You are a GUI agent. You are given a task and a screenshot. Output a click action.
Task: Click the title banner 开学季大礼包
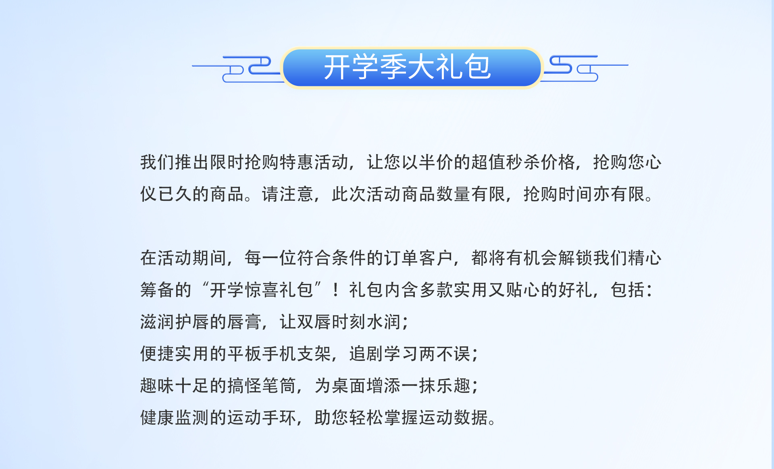(x=412, y=67)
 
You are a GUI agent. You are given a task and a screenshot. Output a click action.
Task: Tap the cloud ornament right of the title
(x=584, y=68)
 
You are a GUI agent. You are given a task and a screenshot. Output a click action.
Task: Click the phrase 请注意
(x=288, y=194)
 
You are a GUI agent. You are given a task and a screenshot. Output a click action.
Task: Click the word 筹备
(x=157, y=290)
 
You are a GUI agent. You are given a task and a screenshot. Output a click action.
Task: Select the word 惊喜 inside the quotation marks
(x=262, y=290)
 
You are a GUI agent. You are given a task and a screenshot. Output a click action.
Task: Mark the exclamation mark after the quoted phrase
(x=336, y=290)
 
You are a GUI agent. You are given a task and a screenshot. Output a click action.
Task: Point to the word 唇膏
(x=244, y=322)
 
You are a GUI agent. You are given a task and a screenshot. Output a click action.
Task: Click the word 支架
(x=314, y=354)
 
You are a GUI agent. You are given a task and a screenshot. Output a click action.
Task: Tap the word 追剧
(x=366, y=354)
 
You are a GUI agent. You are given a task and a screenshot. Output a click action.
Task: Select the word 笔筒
(x=279, y=386)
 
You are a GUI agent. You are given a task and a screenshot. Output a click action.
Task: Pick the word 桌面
(x=349, y=386)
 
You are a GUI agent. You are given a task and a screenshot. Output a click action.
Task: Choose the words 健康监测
(x=175, y=417)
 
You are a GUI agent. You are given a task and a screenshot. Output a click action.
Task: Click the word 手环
(x=279, y=417)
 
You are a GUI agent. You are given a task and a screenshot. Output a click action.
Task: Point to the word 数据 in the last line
(x=471, y=417)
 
